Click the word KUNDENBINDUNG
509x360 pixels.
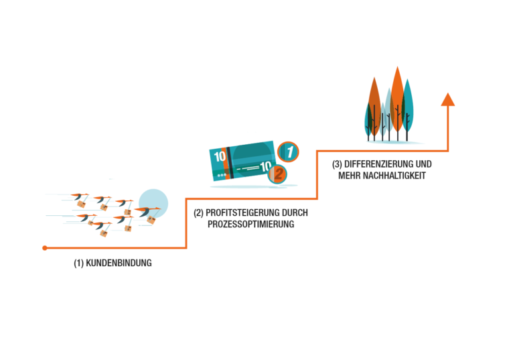[119, 263]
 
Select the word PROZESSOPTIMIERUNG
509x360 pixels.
[251, 224]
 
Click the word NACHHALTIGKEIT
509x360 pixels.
[394, 176]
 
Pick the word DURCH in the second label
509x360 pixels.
[295, 213]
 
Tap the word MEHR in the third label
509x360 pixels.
[350, 176]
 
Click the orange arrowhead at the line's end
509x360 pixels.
[448, 99]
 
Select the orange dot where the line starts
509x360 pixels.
[45, 248]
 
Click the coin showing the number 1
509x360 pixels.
[288, 152]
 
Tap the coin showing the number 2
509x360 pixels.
[277, 174]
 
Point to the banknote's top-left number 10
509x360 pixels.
[220, 157]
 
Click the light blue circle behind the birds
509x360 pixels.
[153, 204]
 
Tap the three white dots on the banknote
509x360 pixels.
[222, 176]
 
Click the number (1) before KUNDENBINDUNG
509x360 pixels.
[79, 263]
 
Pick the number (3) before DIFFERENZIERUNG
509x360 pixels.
[337, 164]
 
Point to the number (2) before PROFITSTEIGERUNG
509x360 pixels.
[199, 213]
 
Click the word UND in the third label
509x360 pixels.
[424, 164]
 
